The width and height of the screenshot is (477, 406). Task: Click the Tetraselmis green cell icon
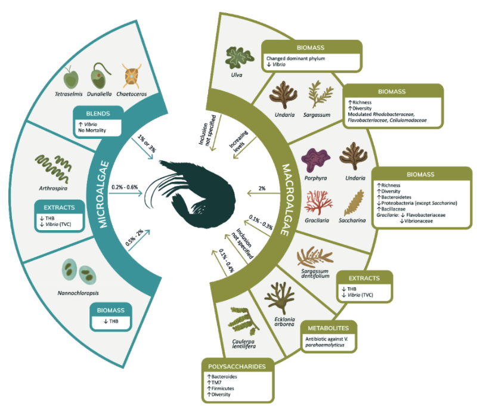[70, 78]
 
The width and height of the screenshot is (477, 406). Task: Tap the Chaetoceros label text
[131, 94]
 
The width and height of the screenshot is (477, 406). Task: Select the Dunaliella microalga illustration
[100, 76]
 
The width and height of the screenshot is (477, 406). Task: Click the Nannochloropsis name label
[78, 293]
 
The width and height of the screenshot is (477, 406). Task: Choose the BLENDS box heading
[98, 113]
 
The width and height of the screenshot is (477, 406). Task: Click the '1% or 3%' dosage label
[147, 143]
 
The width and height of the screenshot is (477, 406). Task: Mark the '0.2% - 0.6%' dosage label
[125, 187]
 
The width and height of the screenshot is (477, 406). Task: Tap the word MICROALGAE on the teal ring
[103, 194]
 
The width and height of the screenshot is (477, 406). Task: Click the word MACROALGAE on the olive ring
[286, 200]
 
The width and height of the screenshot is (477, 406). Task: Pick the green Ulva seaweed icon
[240, 58]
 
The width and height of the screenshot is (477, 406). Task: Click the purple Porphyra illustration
[315, 160]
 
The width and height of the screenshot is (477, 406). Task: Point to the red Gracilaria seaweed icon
[318, 203]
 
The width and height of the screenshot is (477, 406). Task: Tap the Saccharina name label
[352, 221]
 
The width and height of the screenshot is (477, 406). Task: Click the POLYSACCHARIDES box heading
[237, 367]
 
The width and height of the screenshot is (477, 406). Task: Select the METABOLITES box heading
[329, 328]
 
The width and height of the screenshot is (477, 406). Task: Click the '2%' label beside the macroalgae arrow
[262, 188]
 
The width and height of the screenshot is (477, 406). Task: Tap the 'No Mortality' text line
[92, 131]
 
